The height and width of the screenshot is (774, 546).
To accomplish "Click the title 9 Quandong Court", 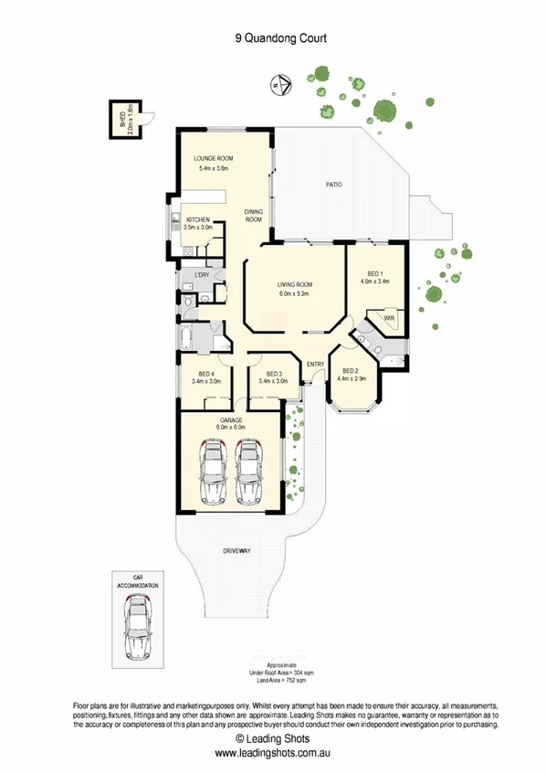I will tap(272, 38).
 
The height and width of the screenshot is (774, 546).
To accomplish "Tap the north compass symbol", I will tap(276, 87).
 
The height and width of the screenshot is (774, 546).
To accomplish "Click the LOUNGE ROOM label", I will tap(214, 158).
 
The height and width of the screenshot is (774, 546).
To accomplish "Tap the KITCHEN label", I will tap(200, 220).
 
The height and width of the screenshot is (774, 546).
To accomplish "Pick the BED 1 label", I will tap(374, 273).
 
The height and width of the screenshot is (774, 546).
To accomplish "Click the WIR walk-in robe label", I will tap(387, 319).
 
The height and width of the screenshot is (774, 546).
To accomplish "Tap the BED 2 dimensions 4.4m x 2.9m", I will tap(352, 377).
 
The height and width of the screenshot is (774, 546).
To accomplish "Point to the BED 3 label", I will tap(275, 373).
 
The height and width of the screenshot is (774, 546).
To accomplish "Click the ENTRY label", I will tap(316, 366).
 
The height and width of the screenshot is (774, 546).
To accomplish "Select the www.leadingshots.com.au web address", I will tap(272, 754).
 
